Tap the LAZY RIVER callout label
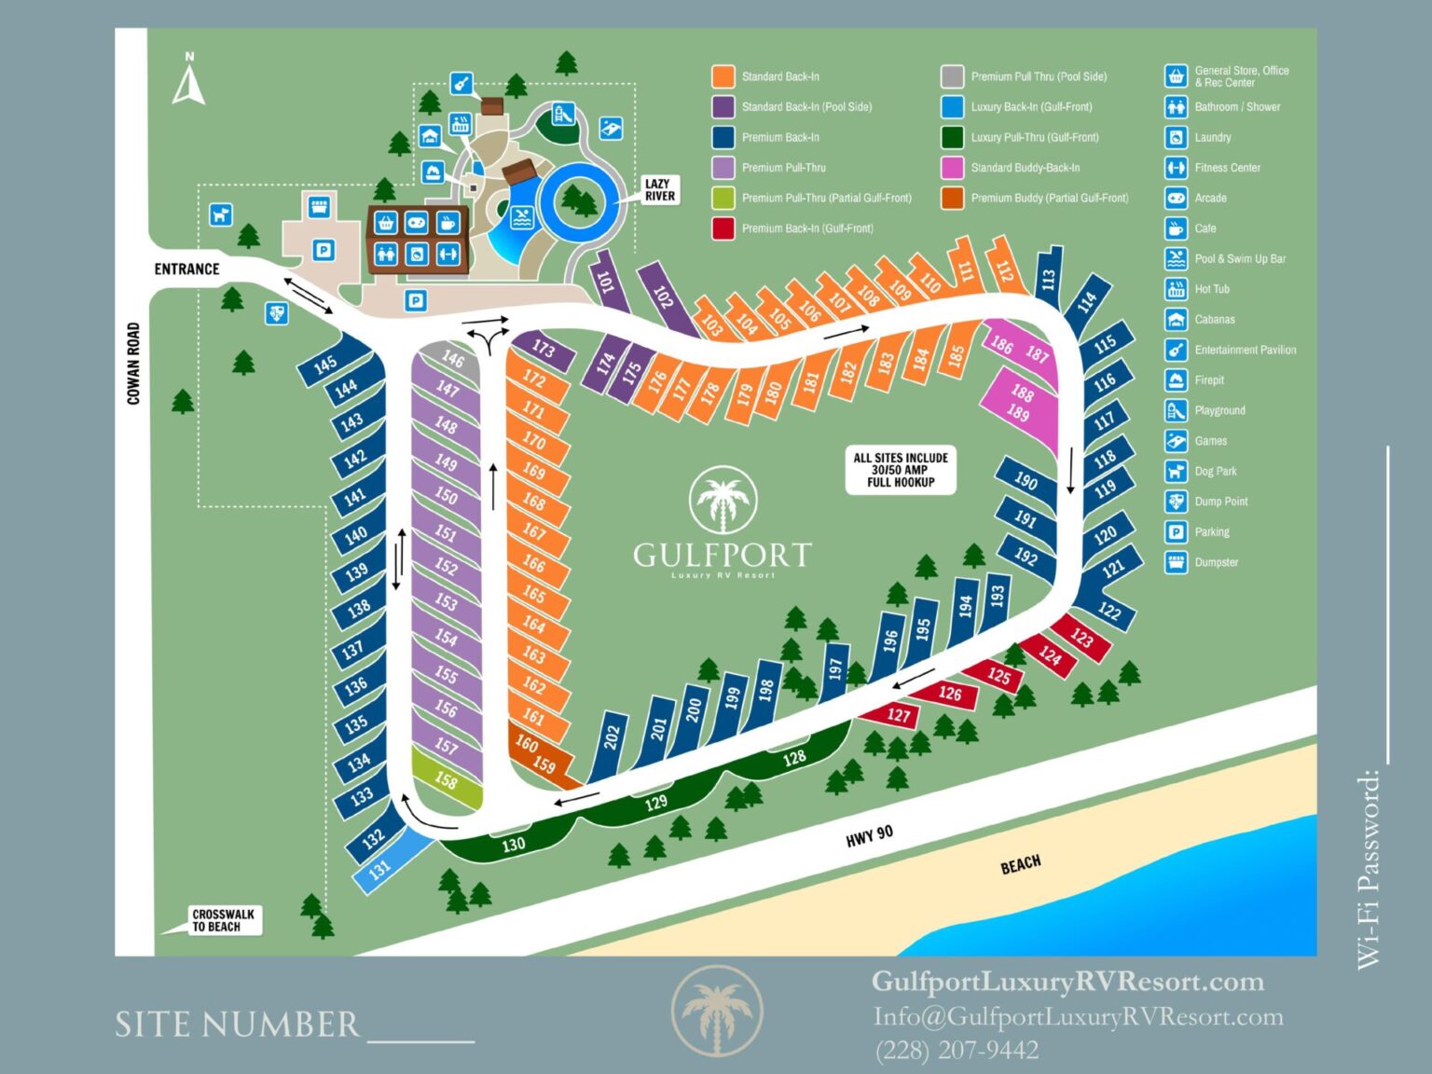[659, 190]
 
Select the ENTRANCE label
[186, 269]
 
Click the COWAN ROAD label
[133, 364]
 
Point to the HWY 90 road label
[869, 836]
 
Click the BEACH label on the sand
[1020, 864]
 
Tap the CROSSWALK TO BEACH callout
[223, 920]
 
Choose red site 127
[898, 715]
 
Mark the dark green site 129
[656, 802]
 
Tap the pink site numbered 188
[1022, 392]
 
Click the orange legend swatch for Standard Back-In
[723, 76]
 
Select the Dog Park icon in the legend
[1176, 472]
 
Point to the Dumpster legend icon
[1176, 562]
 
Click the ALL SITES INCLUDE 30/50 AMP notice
[901, 471]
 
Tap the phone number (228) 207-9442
[957, 1051]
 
